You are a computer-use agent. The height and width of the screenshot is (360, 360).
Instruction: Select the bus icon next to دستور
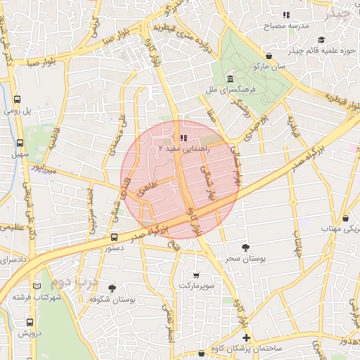[x=115, y=237]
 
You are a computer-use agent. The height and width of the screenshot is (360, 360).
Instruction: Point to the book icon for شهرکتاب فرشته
[x=37, y=287]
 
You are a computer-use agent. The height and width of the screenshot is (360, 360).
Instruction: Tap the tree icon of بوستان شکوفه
[x=112, y=288]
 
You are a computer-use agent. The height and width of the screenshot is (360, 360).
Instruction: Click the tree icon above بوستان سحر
[x=245, y=247]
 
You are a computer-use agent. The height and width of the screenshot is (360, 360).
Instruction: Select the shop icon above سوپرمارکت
[x=195, y=275]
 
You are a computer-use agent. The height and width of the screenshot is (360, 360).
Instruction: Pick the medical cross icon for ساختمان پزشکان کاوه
[x=245, y=338]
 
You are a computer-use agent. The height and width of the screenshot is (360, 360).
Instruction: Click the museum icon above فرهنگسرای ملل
[x=231, y=78]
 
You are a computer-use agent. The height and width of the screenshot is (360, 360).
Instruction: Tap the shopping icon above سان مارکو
[x=270, y=56]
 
